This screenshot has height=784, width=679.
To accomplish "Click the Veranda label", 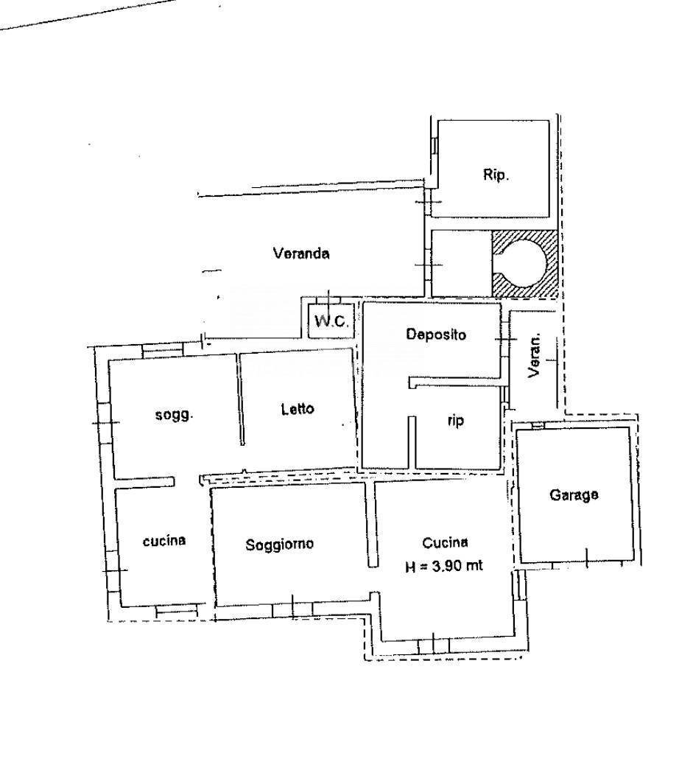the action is pyautogui.click(x=301, y=253).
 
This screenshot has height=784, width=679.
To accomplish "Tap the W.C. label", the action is pyautogui.click(x=331, y=321).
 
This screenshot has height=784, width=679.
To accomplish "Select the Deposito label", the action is pyautogui.click(x=436, y=334).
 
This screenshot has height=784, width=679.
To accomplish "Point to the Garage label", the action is pyautogui.click(x=574, y=495).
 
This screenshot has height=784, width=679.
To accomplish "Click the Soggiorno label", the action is pyautogui.click(x=279, y=544).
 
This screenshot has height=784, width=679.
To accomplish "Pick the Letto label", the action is pyautogui.click(x=298, y=409).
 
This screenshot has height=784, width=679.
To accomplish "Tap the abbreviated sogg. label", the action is pyautogui.click(x=174, y=415).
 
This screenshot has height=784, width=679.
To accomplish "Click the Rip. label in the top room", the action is pyautogui.click(x=496, y=175).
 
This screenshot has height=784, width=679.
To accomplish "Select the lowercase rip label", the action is pyautogui.click(x=455, y=421).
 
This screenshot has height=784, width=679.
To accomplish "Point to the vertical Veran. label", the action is pyautogui.click(x=535, y=355).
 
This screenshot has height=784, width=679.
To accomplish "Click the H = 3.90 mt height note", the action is pyautogui.click(x=443, y=566).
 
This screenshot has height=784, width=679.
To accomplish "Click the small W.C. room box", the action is pyautogui.click(x=331, y=321).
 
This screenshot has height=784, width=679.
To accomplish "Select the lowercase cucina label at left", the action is pyautogui.click(x=164, y=541).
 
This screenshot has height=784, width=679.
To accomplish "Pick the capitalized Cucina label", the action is pyautogui.click(x=445, y=542).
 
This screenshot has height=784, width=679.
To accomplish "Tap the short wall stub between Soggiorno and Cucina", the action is pyautogui.click(x=373, y=524).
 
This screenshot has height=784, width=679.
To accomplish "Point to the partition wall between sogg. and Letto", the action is pyautogui.click(x=239, y=399).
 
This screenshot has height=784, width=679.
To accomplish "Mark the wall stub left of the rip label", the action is pyautogui.click(x=412, y=442).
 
